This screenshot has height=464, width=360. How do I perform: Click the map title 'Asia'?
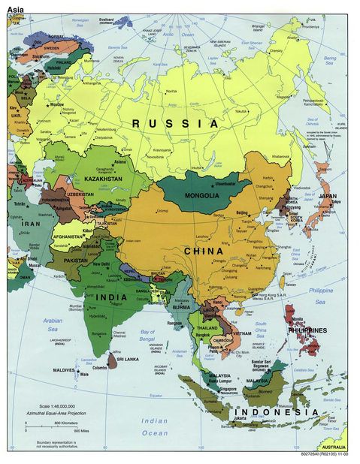tap(17, 8)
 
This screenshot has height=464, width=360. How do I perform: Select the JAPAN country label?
tap(328, 196)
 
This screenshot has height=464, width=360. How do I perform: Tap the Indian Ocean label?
tap(153, 426)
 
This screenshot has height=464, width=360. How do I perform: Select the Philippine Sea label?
tap(320, 296)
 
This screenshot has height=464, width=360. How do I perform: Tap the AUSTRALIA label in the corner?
tap(334, 448)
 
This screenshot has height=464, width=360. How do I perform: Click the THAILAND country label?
tap(207, 328)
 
